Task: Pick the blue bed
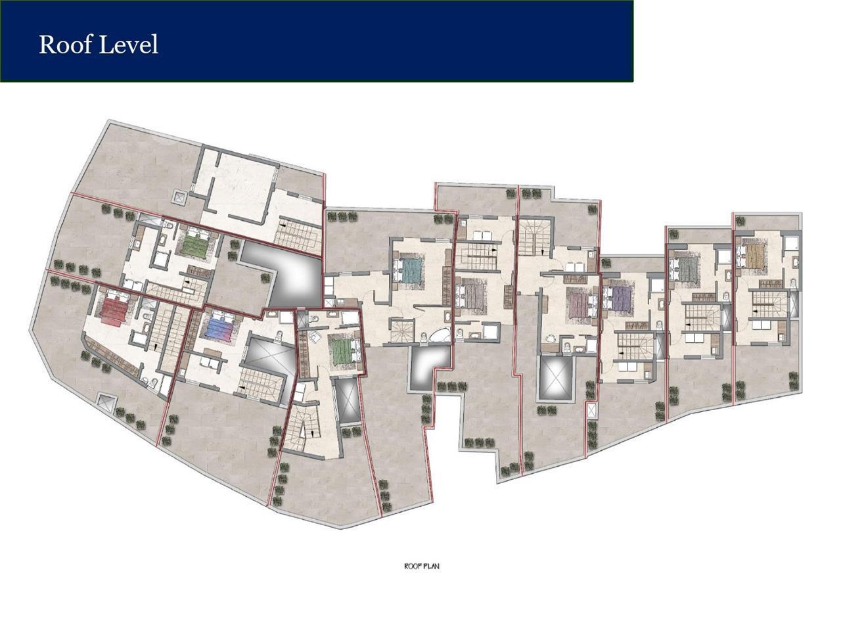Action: point(218,327)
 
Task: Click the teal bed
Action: point(410,269)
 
